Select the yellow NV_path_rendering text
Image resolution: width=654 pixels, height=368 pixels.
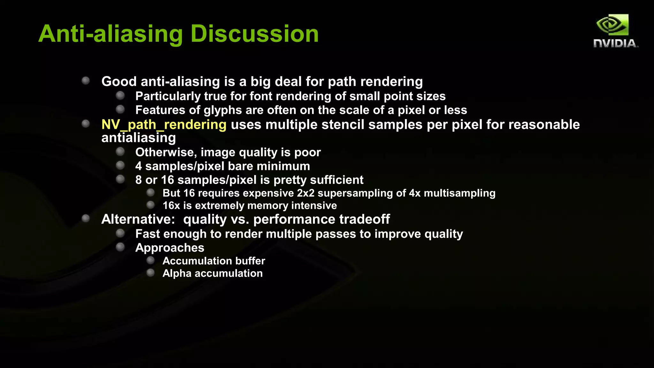(164, 125)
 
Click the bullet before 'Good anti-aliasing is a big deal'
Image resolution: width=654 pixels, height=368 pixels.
(86, 80)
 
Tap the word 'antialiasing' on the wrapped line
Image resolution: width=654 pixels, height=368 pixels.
(139, 138)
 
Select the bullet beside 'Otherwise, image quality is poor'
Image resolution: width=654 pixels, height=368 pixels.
(120, 151)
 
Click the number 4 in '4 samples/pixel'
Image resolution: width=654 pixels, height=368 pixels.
(139, 166)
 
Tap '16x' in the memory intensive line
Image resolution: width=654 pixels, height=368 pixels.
(171, 206)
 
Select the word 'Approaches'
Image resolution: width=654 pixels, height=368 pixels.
(170, 248)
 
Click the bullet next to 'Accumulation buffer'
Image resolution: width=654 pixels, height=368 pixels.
(150, 261)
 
